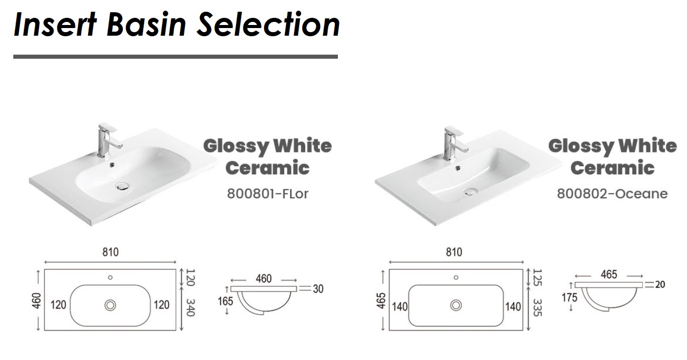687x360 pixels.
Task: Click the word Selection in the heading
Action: click(x=268, y=24)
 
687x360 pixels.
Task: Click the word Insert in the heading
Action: click(x=55, y=24)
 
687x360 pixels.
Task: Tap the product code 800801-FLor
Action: click(x=268, y=194)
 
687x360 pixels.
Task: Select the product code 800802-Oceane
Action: click(x=612, y=194)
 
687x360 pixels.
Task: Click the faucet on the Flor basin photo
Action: click(x=108, y=141)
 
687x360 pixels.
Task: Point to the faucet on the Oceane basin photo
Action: click(x=455, y=143)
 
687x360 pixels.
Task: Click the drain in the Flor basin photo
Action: click(x=122, y=186)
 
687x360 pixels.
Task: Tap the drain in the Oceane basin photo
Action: click(x=470, y=192)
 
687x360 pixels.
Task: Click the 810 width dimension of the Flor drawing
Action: click(x=111, y=252)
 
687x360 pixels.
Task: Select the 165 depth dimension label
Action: click(x=225, y=301)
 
